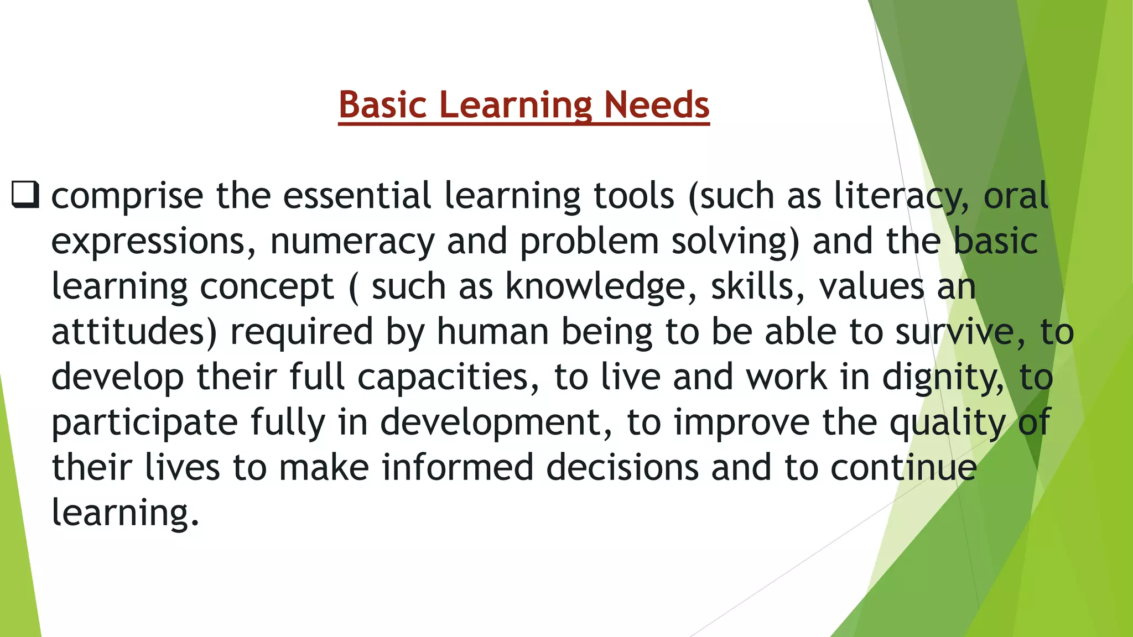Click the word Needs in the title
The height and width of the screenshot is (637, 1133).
(657, 105)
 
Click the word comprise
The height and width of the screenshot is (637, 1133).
(127, 197)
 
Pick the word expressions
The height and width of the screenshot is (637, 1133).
(154, 242)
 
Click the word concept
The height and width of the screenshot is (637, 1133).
(267, 288)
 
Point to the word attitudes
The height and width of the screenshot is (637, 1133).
(134, 332)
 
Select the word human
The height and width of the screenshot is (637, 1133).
(492, 332)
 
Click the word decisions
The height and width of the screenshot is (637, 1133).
(622, 468)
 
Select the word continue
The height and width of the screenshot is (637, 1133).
(904, 468)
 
